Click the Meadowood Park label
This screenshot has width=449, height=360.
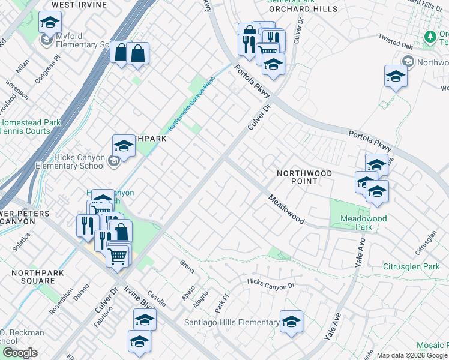tap(363, 223)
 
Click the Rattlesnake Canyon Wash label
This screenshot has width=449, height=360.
tap(191, 107)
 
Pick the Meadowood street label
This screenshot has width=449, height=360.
tap(286, 209)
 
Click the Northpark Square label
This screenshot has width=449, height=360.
tap(33, 277)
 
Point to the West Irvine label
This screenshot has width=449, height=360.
tap(75, 4)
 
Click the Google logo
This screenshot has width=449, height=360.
tap(20, 353)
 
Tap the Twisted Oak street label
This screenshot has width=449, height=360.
tap(396, 41)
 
